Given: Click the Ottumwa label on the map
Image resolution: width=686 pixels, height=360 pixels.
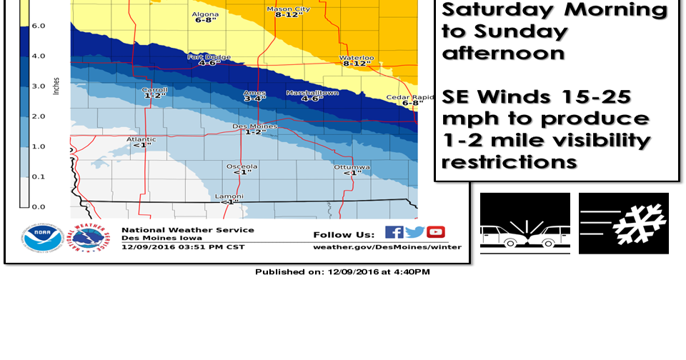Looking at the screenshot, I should [x=352, y=166].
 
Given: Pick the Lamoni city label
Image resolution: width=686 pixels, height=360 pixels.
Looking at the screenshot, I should [x=229, y=196].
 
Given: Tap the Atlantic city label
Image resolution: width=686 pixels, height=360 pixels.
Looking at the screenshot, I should [x=141, y=139].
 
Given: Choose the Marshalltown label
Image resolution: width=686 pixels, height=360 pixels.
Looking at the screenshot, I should [x=312, y=93].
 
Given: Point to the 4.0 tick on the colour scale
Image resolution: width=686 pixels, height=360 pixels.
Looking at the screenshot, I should [x=38, y=56].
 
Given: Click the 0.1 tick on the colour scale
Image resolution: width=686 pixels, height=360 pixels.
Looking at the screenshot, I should [x=38, y=176].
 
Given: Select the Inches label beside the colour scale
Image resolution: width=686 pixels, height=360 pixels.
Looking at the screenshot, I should [x=56, y=86].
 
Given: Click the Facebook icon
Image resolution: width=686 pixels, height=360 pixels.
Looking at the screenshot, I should [x=394, y=232].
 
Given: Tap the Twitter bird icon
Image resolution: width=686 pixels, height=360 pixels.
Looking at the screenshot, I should [x=414, y=232].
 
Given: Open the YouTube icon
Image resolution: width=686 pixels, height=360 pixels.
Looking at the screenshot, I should [x=436, y=232].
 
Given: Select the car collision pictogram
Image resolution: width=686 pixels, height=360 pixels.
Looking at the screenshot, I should [x=525, y=224].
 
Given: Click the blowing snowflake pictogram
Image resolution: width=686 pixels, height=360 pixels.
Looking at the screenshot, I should [x=624, y=224].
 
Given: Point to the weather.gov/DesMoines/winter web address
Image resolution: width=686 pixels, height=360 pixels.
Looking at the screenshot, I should [x=387, y=247].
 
